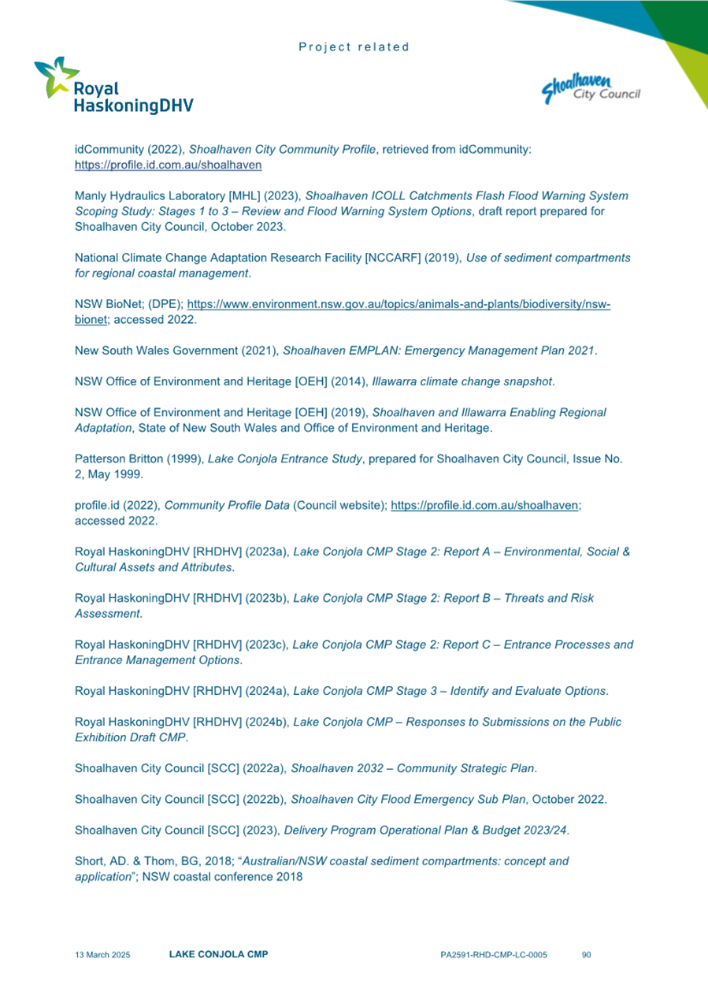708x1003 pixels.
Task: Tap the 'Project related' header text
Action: pyautogui.click(x=354, y=47)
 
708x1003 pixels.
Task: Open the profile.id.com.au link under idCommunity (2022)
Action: pyautogui.click(x=168, y=166)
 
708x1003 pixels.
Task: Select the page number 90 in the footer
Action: pyautogui.click(x=586, y=955)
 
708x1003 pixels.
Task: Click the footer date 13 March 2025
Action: pyautogui.click(x=102, y=955)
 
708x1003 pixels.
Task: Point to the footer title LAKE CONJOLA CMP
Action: pyautogui.click(x=218, y=955)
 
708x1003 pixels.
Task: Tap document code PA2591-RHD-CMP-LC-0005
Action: pyautogui.click(x=494, y=955)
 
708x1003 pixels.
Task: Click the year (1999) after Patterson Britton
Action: pyautogui.click(x=184, y=459)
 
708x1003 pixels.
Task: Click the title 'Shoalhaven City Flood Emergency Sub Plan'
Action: pyautogui.click(x=408, y=799)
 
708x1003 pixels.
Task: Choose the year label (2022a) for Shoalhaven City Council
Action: pyautogui.click(x=258, y=768)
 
